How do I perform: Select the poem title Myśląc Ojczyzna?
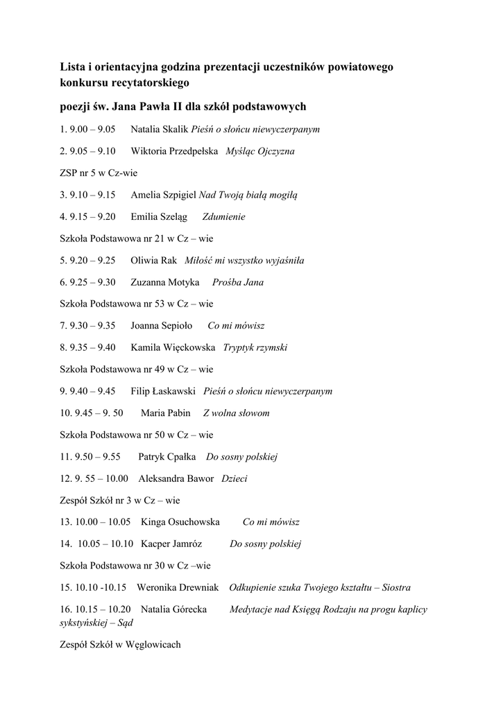coord(260,151)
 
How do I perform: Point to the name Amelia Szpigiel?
coord(164,195)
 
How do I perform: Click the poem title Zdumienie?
coord(223,217)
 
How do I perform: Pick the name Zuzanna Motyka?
coord(165,282)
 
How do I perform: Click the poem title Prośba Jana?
coord(238,282)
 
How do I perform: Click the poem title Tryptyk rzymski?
coord(255,347)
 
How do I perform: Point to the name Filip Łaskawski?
coord(164,391)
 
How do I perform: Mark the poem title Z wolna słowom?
coord(236,413)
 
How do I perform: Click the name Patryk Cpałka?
coord(167,457)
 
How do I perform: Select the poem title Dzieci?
coord(234,478)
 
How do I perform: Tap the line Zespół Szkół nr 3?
coord(120,500)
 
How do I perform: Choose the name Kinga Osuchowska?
coord(180,522)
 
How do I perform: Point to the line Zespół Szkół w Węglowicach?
coord(120,645)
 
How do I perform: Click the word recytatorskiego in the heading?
coord(148,83)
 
